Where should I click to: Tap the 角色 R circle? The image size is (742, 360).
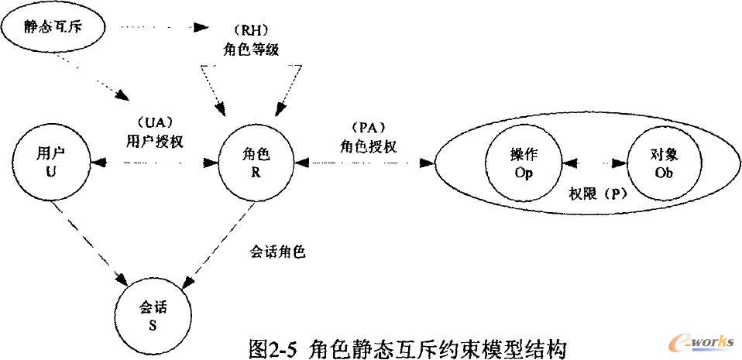[x=255, y=163]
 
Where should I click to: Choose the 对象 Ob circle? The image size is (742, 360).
[x=664, y=163]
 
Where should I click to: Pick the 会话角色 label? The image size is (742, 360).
[x=277, y=252]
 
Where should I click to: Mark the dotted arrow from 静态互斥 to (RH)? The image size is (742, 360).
[x=159, y=29]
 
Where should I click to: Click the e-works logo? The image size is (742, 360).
[x=702, y=344]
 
